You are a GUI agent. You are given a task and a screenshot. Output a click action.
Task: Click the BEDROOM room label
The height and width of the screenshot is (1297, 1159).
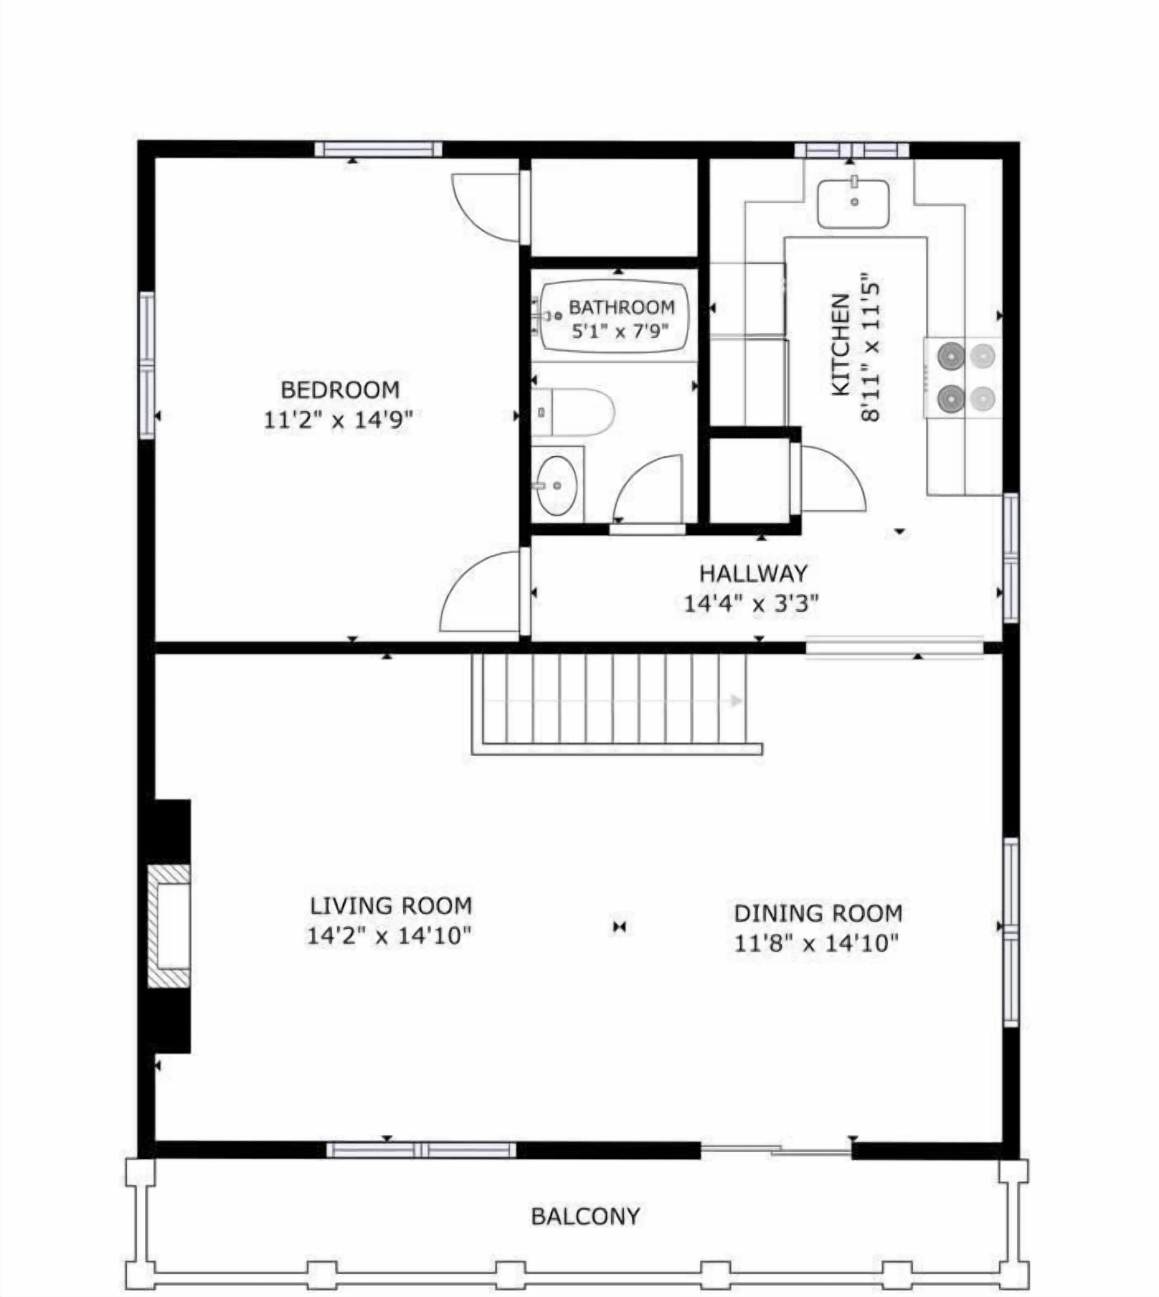click(x=340, y=389)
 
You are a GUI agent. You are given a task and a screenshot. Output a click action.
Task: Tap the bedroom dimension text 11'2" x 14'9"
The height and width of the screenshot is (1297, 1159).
click(x=338, y=420)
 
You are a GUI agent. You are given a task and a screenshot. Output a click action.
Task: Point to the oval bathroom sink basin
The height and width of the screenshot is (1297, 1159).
click(x=556, y=486)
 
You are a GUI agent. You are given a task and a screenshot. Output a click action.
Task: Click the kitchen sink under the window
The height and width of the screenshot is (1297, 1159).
click(x=853, y=204)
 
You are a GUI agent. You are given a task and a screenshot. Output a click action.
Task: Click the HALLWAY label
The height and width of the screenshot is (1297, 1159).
click(x=753, y=573)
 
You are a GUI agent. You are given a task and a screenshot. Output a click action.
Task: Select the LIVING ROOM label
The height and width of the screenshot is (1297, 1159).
click(x=390, y=906)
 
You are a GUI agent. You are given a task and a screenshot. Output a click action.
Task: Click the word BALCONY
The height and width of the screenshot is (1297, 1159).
click(x=585, y=1217)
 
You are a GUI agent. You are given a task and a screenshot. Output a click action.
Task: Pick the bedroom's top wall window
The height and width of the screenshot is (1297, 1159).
click(x=378, y=150)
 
